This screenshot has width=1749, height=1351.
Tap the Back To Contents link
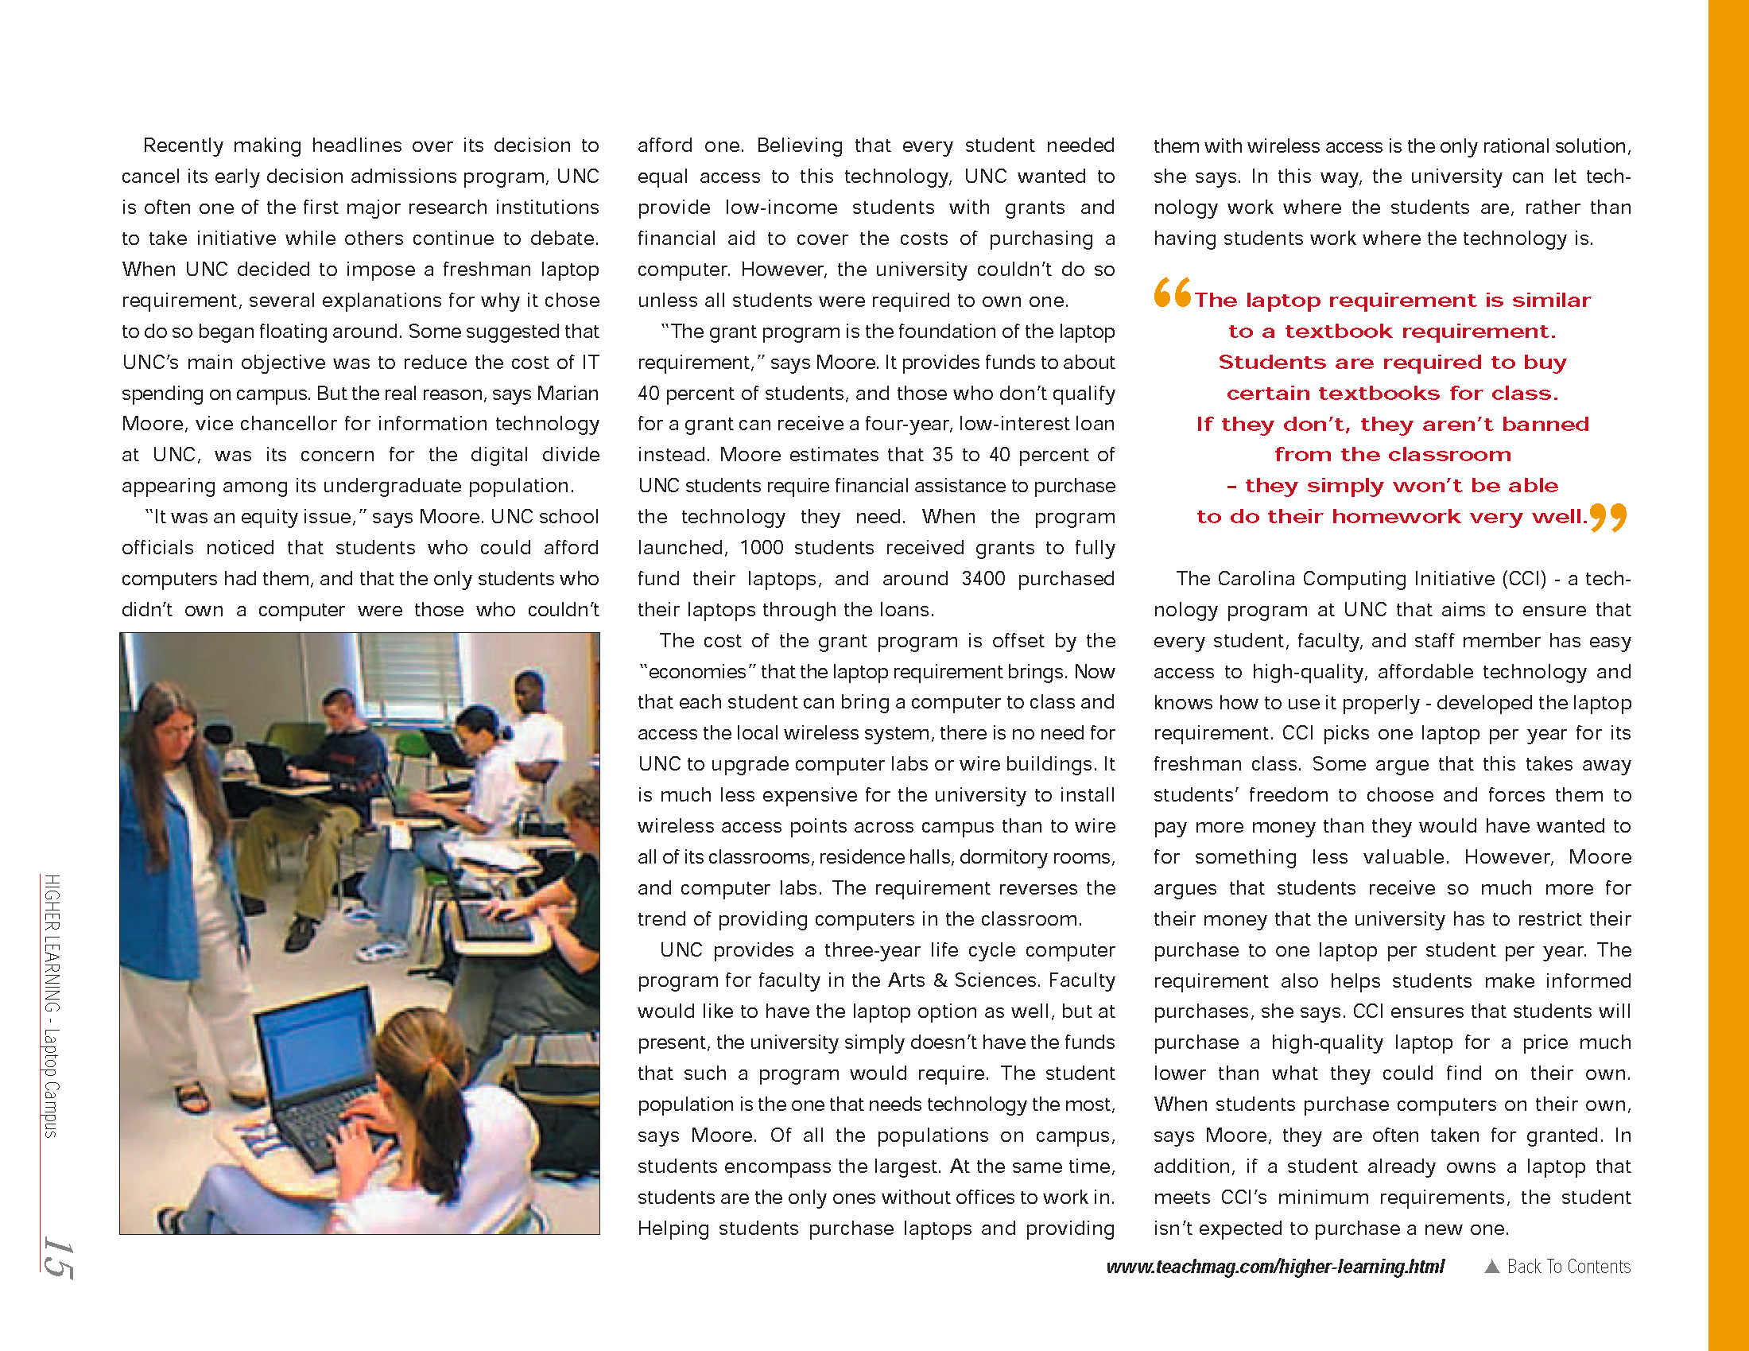pos(1568,1266)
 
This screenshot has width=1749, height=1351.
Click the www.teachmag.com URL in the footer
pos(1275,1266)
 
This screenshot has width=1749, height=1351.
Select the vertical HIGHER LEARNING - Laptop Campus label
pos(52,1005)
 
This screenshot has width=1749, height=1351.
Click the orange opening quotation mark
pos(1173,293)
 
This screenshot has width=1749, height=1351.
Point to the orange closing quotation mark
pos(1608,518)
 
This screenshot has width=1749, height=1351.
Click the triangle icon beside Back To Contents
pos(1491,1266)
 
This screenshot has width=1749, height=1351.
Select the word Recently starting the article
pos(183,146)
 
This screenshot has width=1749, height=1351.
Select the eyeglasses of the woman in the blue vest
pos(181,730)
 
